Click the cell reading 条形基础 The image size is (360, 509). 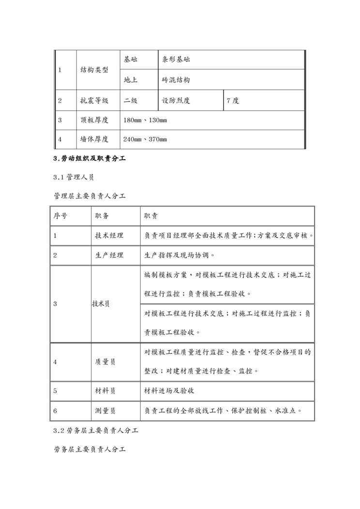176,60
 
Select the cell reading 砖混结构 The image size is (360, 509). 176,80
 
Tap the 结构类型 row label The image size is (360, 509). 94,70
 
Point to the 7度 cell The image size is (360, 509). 233,101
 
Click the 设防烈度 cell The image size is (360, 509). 176,101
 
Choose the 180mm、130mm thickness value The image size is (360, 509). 145,120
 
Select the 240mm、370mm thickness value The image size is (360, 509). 145,139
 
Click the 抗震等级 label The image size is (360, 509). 94,101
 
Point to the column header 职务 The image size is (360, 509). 102,216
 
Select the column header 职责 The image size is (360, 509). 150,216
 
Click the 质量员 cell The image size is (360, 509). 105,361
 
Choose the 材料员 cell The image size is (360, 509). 105,391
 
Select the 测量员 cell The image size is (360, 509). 105,411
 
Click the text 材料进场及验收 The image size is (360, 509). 169,391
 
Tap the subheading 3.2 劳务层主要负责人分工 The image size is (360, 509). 96,430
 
